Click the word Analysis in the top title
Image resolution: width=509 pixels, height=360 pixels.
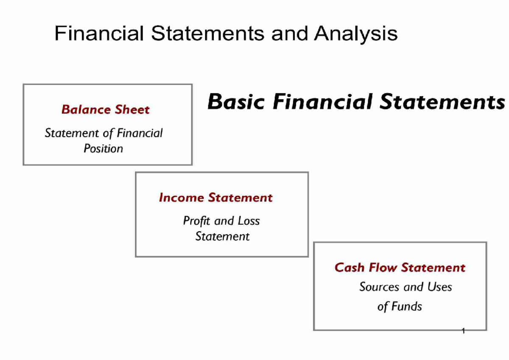355,34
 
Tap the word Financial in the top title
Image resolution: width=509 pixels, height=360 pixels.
99,34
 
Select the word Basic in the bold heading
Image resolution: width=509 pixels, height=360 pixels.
236,102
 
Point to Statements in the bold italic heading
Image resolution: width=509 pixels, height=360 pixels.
442,102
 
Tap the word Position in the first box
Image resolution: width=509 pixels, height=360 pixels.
103,149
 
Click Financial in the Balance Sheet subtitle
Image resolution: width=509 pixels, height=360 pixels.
140,134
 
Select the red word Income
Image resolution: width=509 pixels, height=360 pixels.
181,198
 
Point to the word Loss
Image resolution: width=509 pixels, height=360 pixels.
249,221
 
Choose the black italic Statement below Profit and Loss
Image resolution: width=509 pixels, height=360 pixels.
222,236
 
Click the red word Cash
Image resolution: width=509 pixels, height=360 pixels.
350,268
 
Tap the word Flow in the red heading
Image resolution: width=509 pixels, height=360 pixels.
383,268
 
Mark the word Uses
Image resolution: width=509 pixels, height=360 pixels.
439,287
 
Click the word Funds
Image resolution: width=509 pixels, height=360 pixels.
406,306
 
